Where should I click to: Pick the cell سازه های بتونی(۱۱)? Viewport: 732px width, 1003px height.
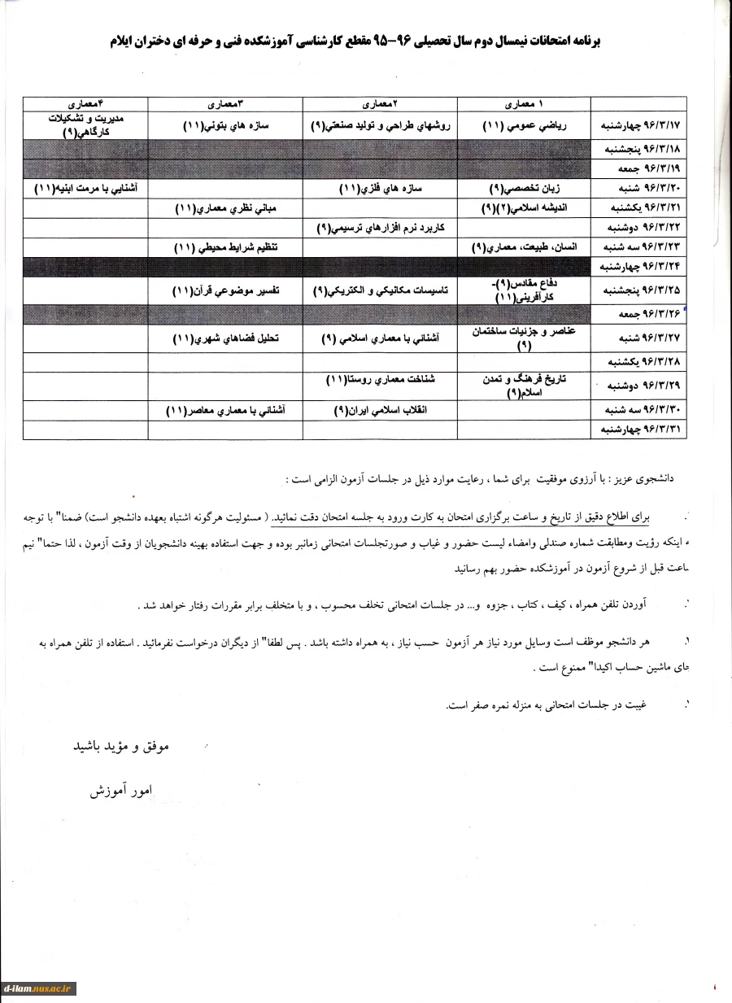coord(225,127)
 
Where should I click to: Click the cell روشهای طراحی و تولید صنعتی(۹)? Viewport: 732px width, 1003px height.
coord(381,127)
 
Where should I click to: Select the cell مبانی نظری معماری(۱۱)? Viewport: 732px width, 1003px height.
coord(225,208)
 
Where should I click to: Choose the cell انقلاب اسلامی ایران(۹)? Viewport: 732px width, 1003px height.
coord(381,411)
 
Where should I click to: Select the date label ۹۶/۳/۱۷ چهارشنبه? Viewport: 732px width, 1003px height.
coord(638,127)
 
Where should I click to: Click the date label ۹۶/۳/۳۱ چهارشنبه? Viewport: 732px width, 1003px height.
coord(638,430)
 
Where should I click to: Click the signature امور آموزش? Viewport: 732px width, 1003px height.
coord(121,790)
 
